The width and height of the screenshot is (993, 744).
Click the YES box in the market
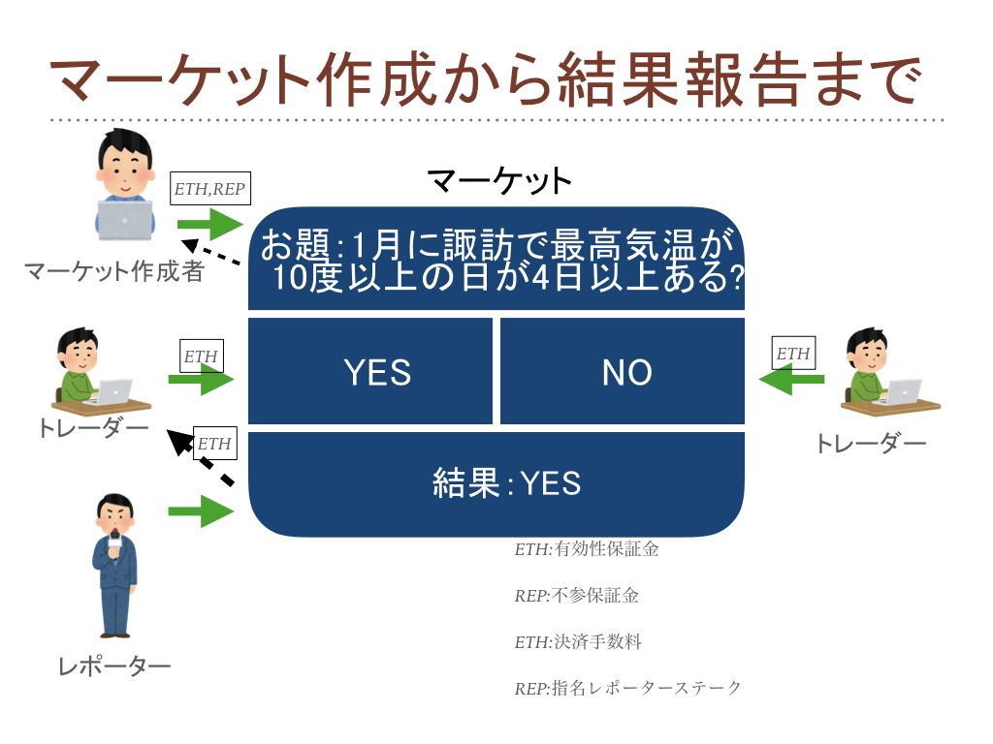click(369, 371)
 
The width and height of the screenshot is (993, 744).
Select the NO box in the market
click(623, 371)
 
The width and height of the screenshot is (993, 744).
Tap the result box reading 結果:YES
click(496, 484)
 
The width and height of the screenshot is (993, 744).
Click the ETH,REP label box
click(210, 189)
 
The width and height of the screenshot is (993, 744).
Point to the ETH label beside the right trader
click(793, 353)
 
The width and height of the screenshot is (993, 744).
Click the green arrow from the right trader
click(791, 380)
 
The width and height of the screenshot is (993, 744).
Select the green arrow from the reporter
click(201, 511)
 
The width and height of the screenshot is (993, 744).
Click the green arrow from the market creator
click(210, 224)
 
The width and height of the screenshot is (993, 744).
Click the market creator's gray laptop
click(125, 220)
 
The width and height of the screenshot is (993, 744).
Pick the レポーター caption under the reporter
click(114, 666)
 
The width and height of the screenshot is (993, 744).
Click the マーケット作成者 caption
click(114, 271)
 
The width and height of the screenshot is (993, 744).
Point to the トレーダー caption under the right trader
click(870, 444)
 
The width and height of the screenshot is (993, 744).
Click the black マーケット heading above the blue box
click(499, 180)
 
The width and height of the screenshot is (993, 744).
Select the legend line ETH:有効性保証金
click(587, 548)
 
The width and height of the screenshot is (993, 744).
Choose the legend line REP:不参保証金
click(576, 596)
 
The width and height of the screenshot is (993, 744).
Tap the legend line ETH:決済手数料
click(578, 641)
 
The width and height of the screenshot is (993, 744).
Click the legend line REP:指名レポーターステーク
click(627, 688)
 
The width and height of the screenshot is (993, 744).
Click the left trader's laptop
click(112, 392)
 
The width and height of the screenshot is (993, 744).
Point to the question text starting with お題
click(500, 260)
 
